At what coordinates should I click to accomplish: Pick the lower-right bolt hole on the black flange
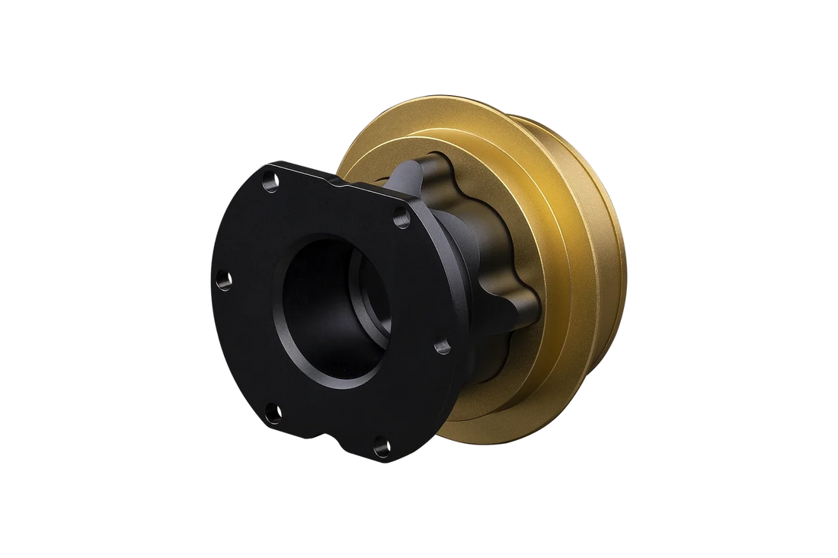(x=440, y=348)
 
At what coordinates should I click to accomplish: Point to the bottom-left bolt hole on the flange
(x=274, y=411)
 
